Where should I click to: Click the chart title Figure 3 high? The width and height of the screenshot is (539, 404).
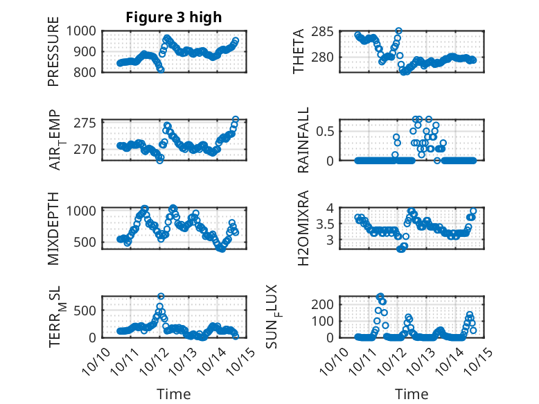[x=173, y=17]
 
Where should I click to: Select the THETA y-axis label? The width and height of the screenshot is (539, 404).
[x=299, y=51]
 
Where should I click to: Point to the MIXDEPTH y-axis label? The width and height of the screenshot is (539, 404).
[x=53, y=228]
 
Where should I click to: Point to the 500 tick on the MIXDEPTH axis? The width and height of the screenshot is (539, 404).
[x=87, y=242]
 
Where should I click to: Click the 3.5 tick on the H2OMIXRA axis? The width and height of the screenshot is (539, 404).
[x=328, y=224]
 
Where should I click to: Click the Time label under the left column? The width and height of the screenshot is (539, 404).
[x=173, y=394]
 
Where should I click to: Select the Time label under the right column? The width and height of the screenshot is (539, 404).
[x=412, y=394]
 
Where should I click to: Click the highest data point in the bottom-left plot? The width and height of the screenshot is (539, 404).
[x=161, y=297]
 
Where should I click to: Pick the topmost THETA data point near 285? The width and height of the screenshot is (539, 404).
[x=398, y=31]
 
